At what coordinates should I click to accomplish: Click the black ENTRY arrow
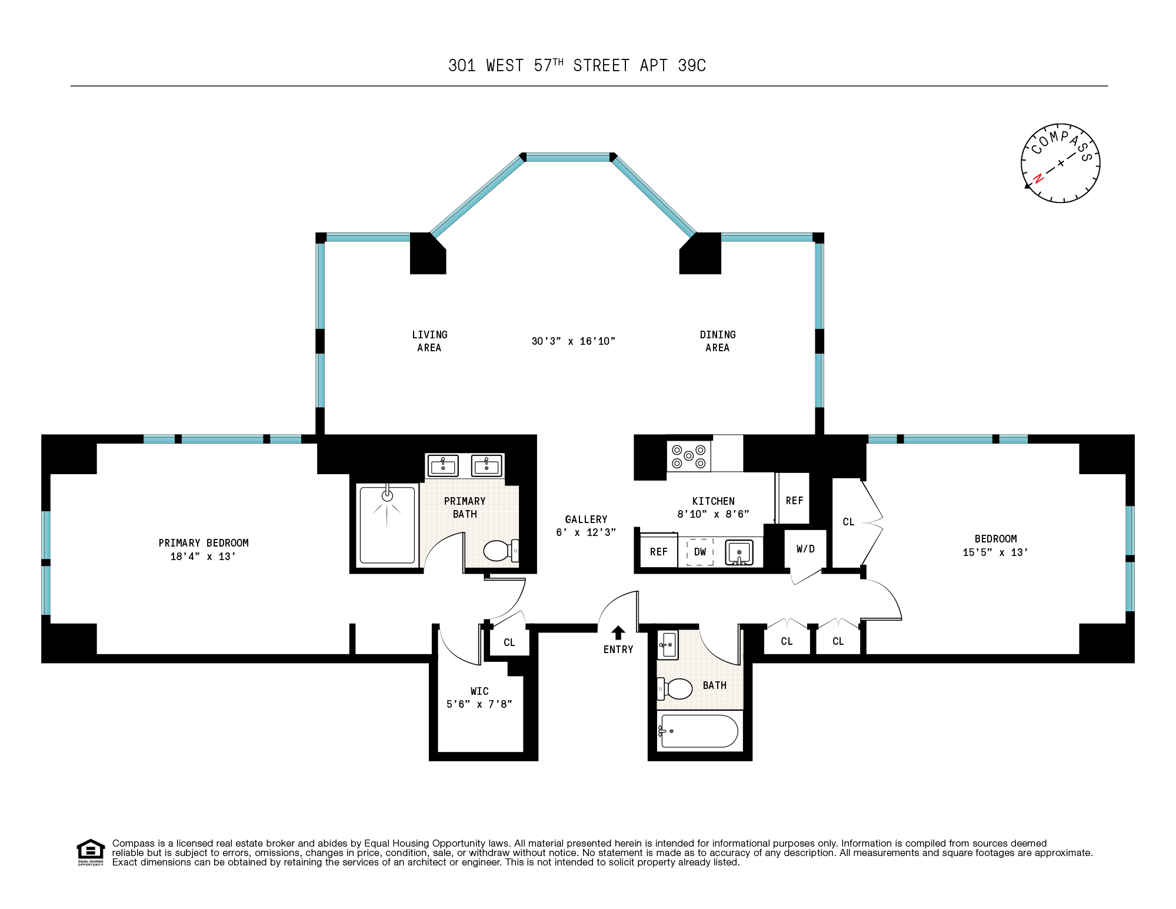click(x=618, y=632)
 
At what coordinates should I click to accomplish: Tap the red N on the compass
click(x=1038, y=178)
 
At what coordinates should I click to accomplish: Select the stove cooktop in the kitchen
click(x=688, y=456)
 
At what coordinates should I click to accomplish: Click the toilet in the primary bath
click(x=499, y=551)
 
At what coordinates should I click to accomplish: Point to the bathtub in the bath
click(x=699, y=731)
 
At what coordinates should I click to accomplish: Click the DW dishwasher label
click(x=700, y=552)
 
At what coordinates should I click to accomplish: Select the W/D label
click(x=805, y=549)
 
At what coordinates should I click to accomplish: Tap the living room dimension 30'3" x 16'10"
click(x=573, y=341)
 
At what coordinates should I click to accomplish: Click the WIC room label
click(x=479, y=691)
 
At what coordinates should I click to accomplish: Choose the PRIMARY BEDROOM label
click(x=204, y=543)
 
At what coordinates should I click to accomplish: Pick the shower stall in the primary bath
click(x=387, y=524)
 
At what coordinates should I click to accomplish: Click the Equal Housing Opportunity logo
click(x=91, y=852)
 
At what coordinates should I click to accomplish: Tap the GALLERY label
click(x=586, y=520)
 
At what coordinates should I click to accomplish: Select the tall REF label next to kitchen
click(x=794, y=501)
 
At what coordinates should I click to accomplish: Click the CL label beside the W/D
click(x=848, y=522)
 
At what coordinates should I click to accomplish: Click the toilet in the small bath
click(x=677, y=688)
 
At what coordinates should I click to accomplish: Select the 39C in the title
click(x=692, y=66)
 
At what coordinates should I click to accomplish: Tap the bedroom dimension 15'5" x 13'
click(x=995, y=552)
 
